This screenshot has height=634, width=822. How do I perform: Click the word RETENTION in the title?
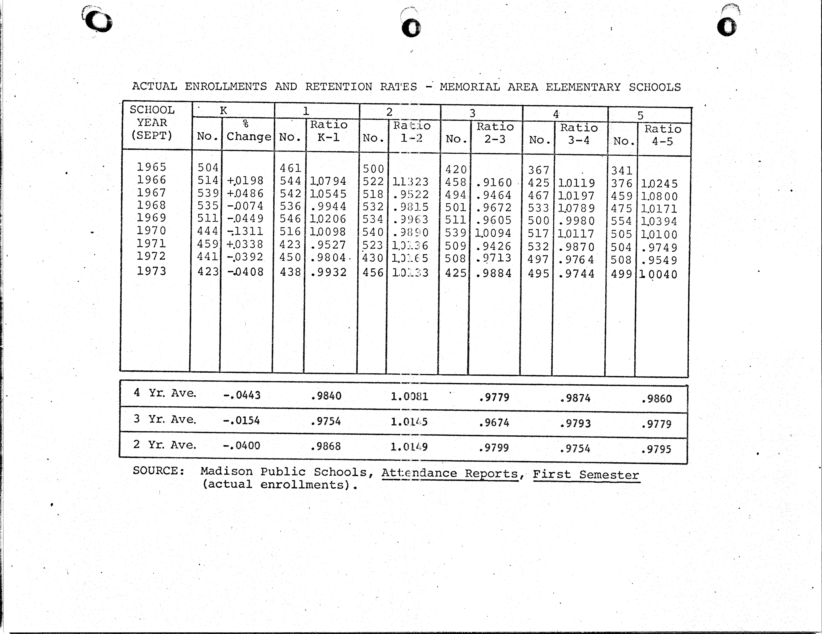coord(338,87)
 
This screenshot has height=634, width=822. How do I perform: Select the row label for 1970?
coord(151,230)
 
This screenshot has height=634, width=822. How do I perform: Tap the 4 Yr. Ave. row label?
coord(165,393)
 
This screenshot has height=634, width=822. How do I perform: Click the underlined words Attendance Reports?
coord(450,473)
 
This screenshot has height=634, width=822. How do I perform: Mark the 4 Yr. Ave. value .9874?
coord(575,398)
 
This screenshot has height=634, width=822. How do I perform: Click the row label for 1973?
coord(151,271)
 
